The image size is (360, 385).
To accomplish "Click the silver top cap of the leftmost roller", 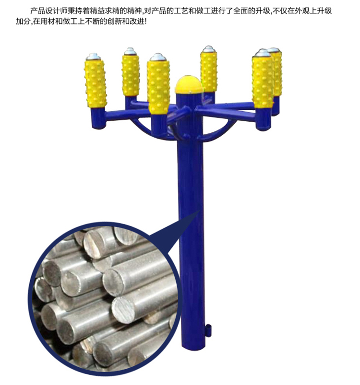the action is pyautogui.click(x=93, y=57).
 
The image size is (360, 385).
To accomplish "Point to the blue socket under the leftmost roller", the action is pyautogui.click(x=98, y=118).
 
